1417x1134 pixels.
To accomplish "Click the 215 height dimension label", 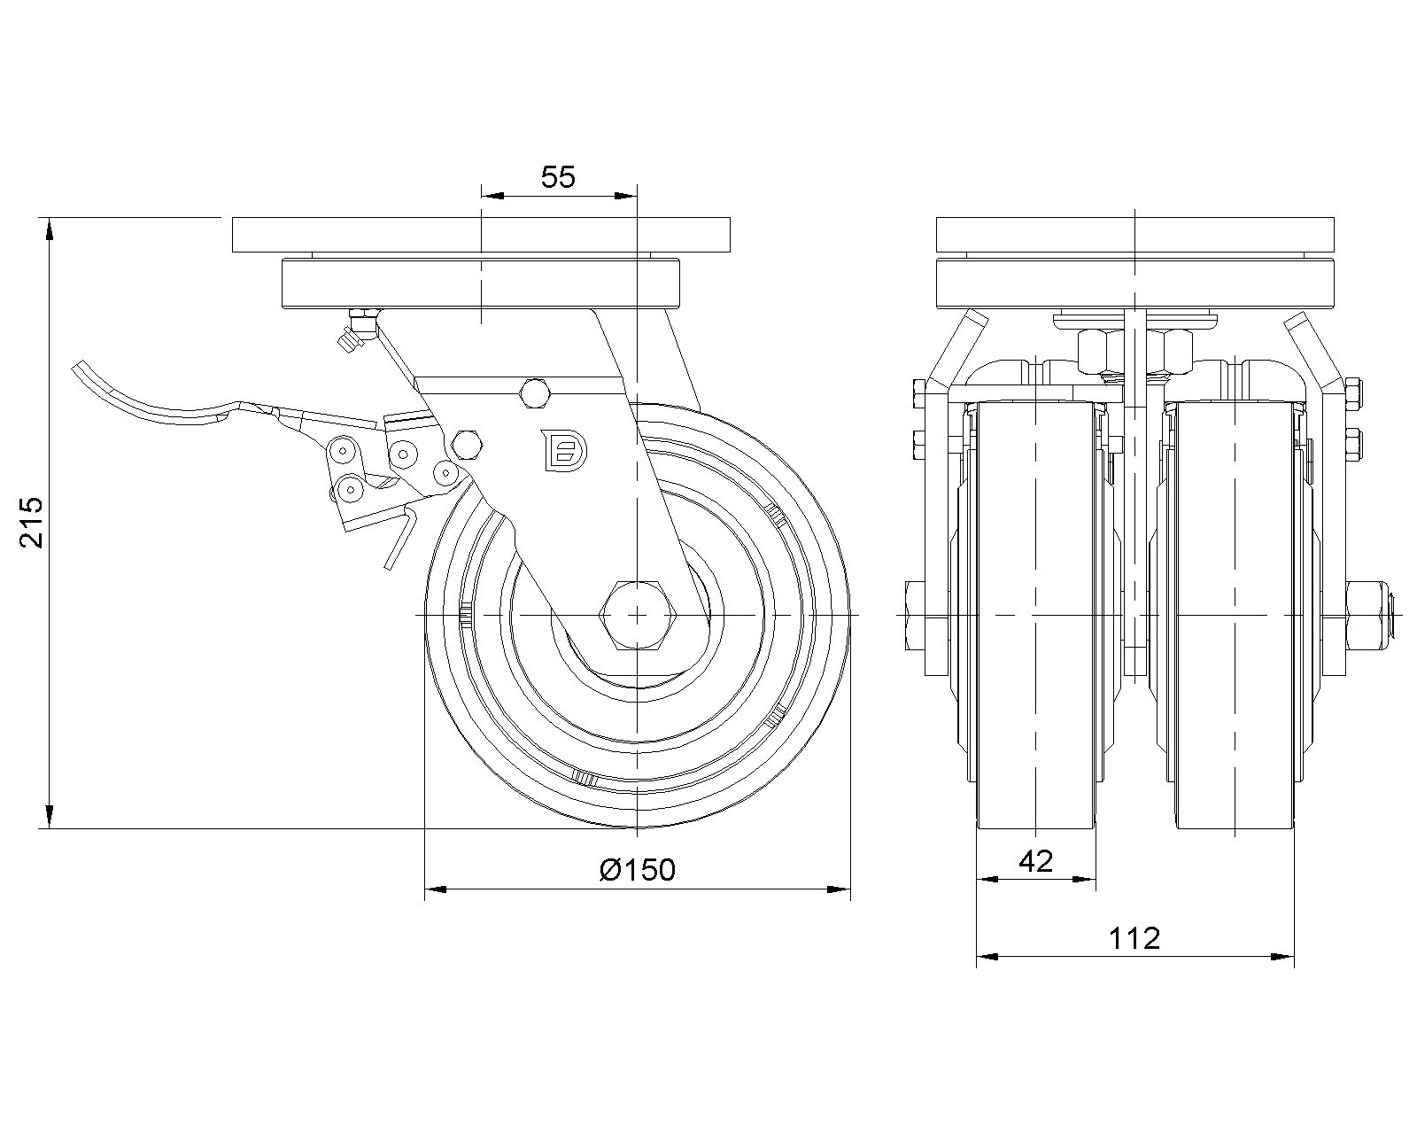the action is (32, 522).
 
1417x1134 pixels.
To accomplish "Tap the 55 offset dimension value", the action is (558, 177).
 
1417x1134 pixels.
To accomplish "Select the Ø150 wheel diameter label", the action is (638, 870).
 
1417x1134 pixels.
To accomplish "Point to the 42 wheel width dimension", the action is (1036, 861).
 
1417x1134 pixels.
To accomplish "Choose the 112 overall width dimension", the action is (1134, 938).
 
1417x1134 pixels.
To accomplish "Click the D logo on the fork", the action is (563, 451).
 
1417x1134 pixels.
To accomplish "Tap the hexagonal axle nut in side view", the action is (638, 615).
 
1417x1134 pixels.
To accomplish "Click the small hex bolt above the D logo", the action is (534, 394).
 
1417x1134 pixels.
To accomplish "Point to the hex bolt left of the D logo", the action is (467, 446).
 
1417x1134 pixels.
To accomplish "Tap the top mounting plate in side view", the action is (481, 235).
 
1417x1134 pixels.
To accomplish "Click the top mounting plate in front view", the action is (1135, 235).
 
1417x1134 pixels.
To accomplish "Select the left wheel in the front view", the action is (1036, 616).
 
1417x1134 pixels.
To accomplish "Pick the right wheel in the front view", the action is (1234, 616).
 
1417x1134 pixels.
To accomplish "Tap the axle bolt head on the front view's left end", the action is (915, 616).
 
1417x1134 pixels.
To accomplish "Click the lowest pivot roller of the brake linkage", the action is (351, 489).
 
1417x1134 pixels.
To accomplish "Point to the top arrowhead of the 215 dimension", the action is (50, 229).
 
